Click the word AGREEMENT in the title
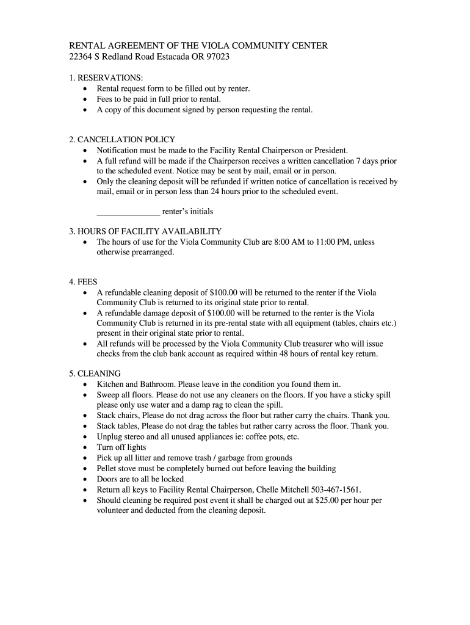click(x=130, y=46)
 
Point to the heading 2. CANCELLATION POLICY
click(x=122, y=140)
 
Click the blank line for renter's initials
click(x=128, y=212)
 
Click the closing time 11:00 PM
click(x=321, y=242)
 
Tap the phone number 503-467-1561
click(x=334, y=490)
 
